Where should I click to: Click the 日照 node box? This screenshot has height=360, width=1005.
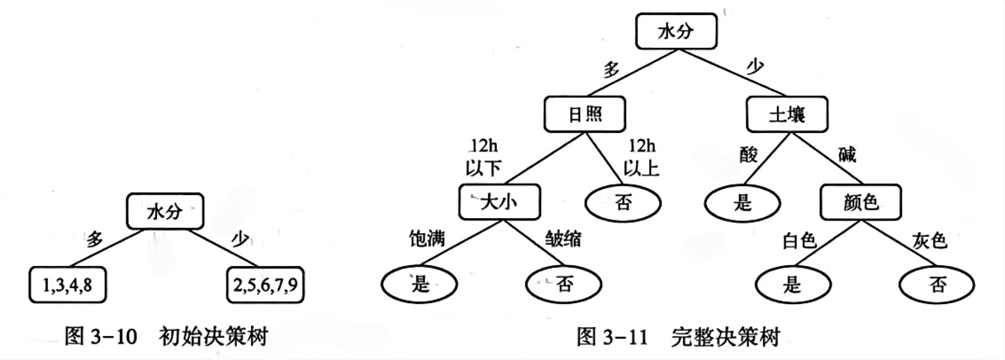point(584,114)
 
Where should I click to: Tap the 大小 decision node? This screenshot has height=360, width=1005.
point(498,202)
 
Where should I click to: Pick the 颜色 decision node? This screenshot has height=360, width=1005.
point(860,202)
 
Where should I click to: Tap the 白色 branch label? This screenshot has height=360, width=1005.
point(798,240)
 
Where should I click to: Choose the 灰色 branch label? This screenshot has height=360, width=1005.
point(930,240)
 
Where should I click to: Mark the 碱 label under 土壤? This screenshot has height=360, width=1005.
point(847,155)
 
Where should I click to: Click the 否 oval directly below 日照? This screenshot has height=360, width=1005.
point(624,202)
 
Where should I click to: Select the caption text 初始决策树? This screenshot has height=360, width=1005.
point(213,338)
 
